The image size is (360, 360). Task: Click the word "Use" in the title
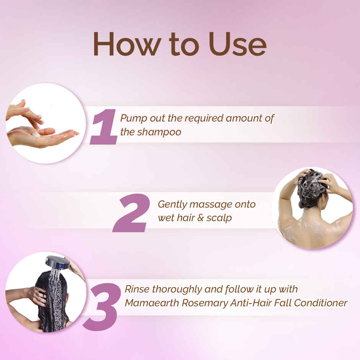[x=237, y=44]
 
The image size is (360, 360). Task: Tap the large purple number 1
[x=103, y=127]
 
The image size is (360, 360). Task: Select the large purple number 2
[x=131, y=213]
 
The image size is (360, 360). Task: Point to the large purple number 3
[x=102, y=307]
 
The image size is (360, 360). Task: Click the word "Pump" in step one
[x=134, y=119]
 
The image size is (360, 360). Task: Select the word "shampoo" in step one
[x=159, y=132]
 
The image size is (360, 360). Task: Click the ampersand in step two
[x=201, y=218]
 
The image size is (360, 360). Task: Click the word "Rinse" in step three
[x=137, y=289]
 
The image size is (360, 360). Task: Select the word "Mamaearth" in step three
[x=152, y=303]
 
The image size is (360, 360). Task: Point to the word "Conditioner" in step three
[x=321, y=303]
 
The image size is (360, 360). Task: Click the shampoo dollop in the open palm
[x=36, y=134]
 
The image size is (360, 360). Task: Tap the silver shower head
[x=57, y=262]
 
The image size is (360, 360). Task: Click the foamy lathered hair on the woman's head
[x=312, y=184]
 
